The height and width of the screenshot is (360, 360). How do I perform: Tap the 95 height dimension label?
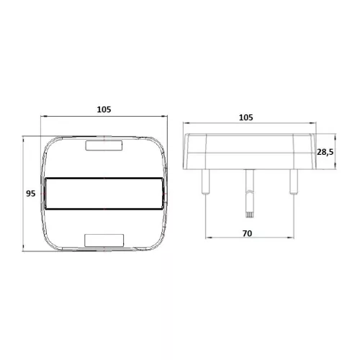(x=30, y=194)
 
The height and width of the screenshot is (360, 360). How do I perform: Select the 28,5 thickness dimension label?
(x=325, y=152)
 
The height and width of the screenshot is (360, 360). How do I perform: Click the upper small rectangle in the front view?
(x=105, y=146)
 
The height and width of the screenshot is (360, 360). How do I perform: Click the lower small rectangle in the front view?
(x=105, y=239)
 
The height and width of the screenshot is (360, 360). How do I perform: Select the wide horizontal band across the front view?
(x=105, y=193)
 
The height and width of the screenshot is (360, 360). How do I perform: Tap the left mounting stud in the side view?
(x=207, y=181)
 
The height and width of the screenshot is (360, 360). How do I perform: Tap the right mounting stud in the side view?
(x=293, y=181)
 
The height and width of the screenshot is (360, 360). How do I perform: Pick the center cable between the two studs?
(x=250, y=191)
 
